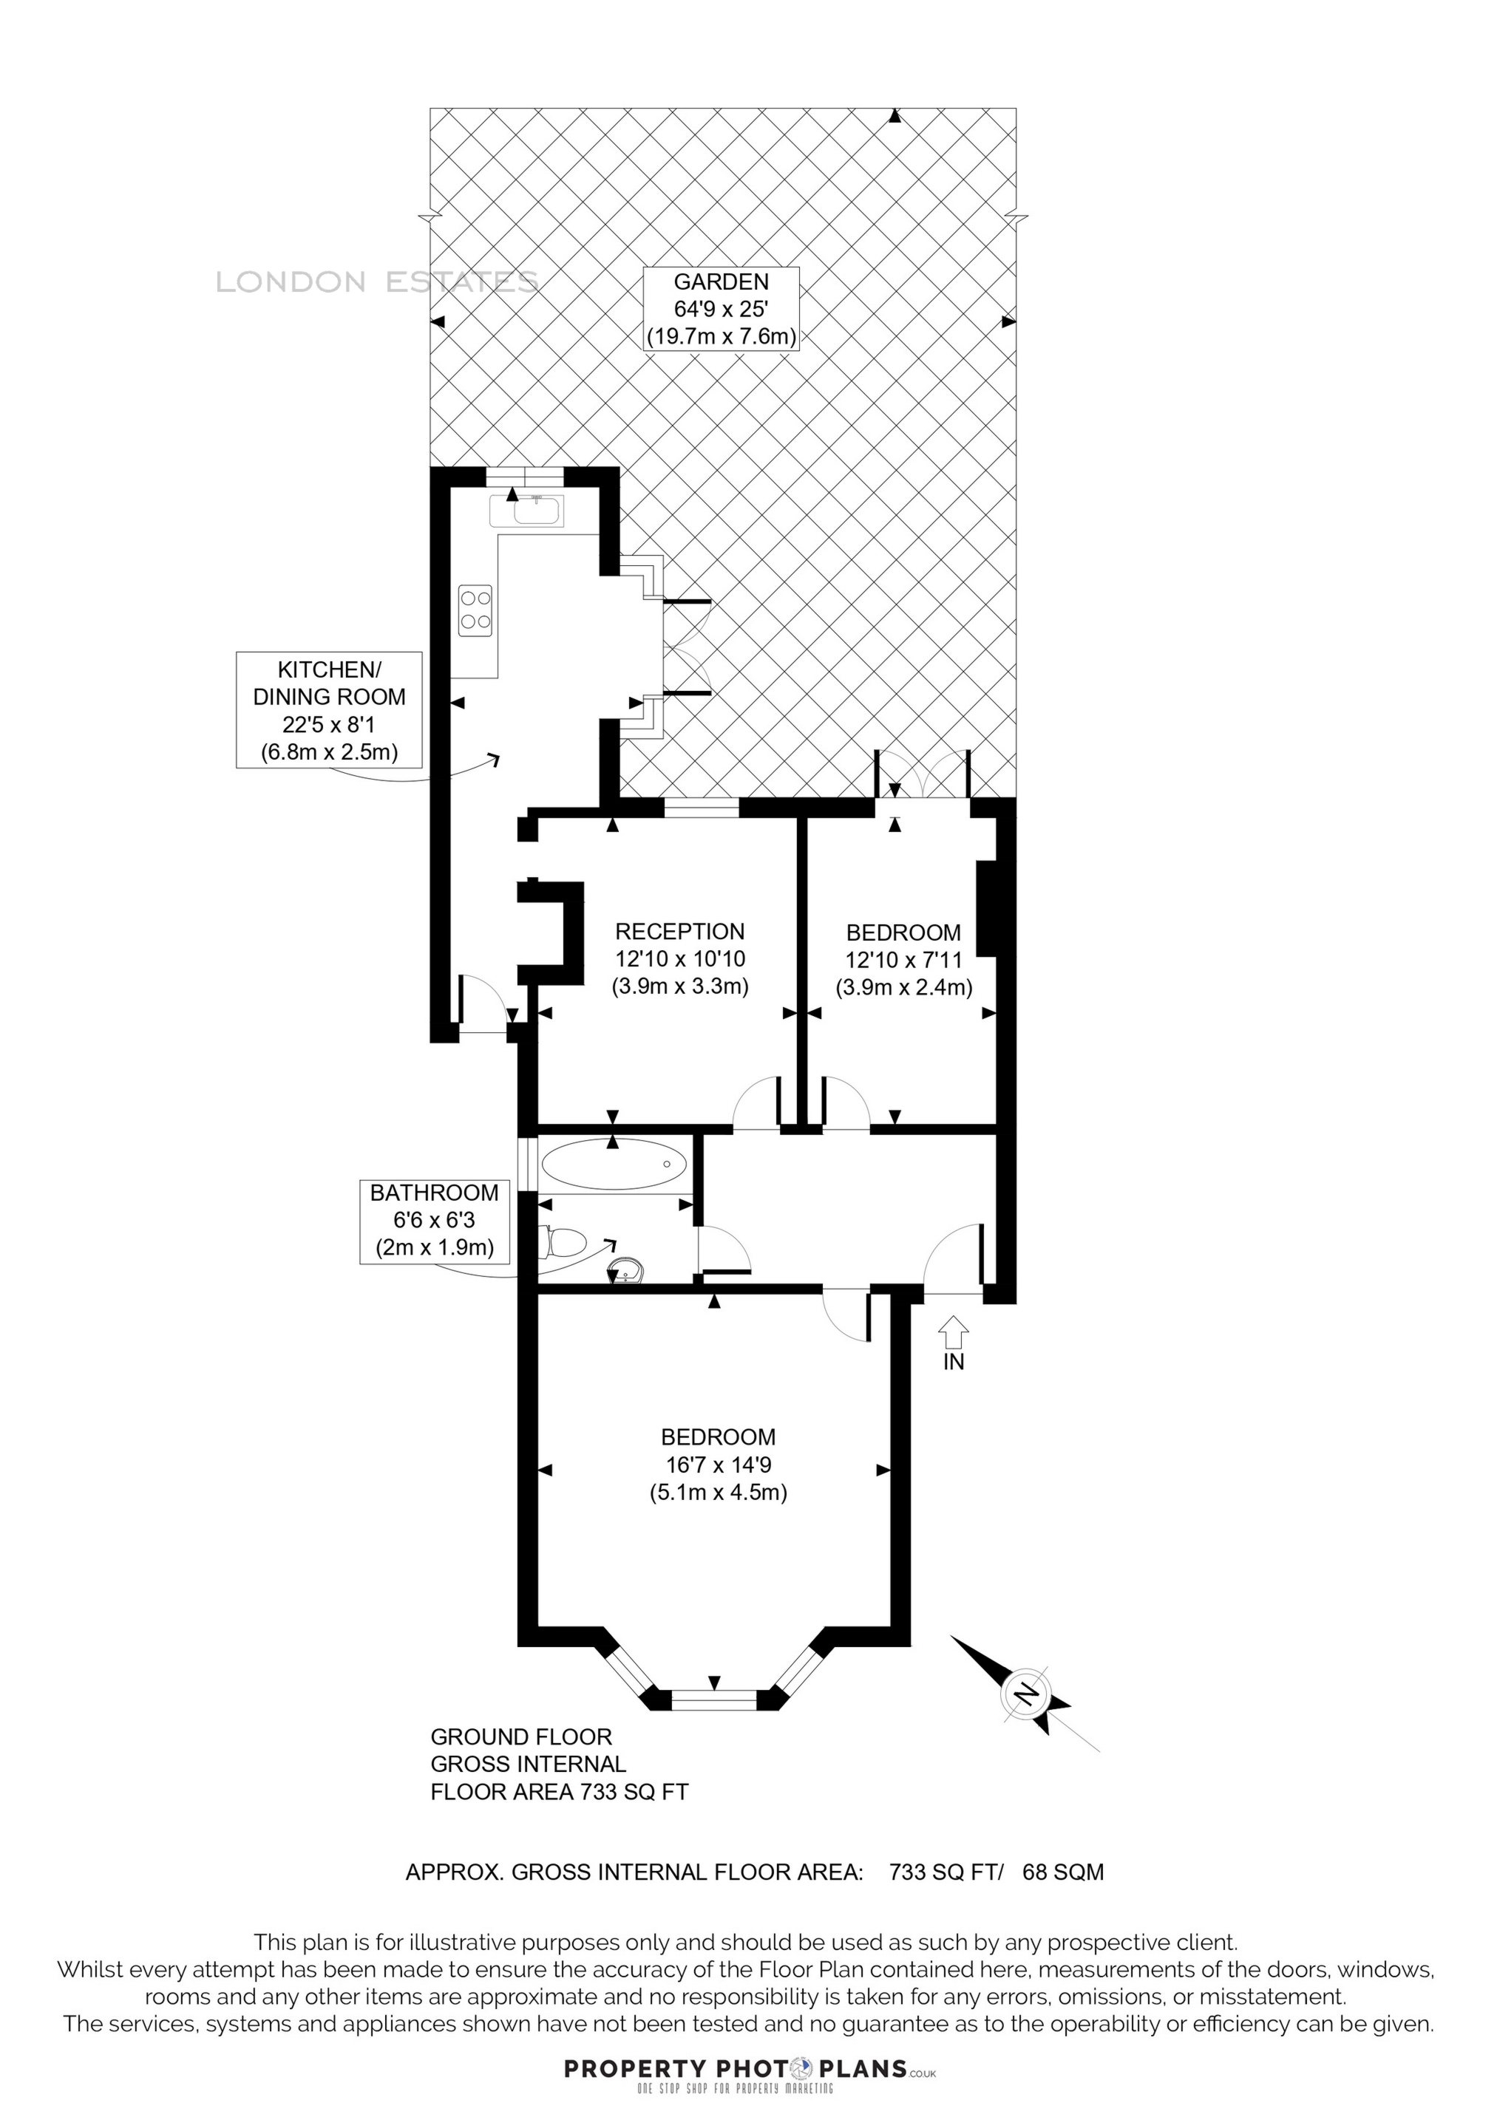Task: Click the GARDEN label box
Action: coord(720,309)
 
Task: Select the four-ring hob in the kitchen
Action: coord(475,610)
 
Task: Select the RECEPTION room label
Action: coord(680,931)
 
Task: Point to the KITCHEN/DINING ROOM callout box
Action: coord(329,710)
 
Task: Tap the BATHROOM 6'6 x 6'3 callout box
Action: coord(435,1221)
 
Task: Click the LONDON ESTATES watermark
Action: coord(376,282)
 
